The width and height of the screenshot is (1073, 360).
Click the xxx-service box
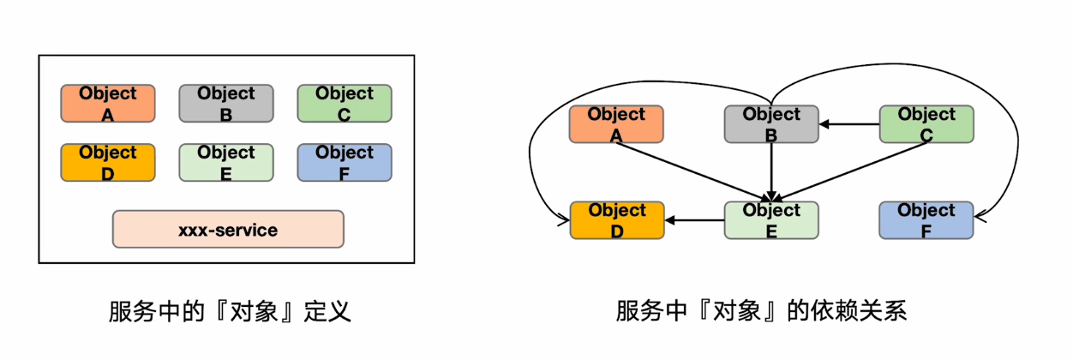click(228, 230)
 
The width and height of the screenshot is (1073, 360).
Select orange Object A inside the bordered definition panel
click(108, 103)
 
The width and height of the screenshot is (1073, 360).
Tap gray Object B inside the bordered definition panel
click(226, 103)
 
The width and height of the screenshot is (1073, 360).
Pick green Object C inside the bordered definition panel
click(345, 103)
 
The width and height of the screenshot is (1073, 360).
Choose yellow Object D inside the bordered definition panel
click(108, 162)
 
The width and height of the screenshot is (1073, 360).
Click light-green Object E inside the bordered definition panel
click(226, 162)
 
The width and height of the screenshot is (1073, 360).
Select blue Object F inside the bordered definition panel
click(345, 162)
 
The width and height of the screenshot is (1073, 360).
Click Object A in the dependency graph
click(617, 124)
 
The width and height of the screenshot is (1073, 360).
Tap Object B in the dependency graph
click(771, 124)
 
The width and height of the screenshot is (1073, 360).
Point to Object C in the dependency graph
click(926, 124)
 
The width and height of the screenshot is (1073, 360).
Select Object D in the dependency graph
click(617, 220)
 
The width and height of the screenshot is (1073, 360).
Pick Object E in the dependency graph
click(771, 220)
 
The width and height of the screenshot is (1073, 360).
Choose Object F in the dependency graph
click(926, 220)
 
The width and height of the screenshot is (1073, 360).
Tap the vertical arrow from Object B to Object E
click(771, 171)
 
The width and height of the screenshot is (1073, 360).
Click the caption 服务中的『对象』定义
click(230, 311)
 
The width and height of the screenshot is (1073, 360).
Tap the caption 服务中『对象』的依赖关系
click(761, 311)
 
